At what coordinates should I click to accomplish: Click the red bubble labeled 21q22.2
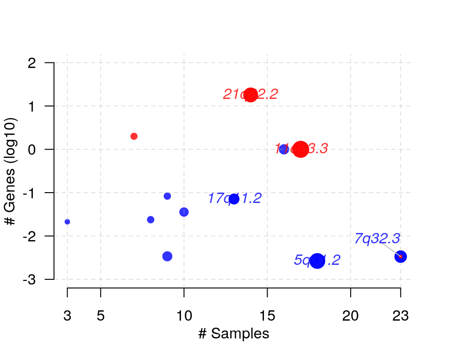251,95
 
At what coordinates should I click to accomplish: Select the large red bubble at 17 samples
300,150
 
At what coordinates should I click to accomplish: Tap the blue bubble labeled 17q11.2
234,199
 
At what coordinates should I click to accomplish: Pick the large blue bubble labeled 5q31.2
317,261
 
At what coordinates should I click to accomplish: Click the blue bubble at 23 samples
400,256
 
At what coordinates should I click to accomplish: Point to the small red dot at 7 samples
134,136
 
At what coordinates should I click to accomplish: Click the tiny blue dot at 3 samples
67,222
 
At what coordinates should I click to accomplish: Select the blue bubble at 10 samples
184,212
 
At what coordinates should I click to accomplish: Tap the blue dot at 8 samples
150,220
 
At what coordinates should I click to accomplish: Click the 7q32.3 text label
377,239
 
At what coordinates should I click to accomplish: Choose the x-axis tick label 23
400,316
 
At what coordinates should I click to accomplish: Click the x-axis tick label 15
267,316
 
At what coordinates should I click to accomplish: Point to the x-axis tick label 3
67,316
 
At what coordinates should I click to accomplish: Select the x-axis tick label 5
101,316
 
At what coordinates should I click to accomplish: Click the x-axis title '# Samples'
233,334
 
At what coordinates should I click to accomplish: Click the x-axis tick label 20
351,316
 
